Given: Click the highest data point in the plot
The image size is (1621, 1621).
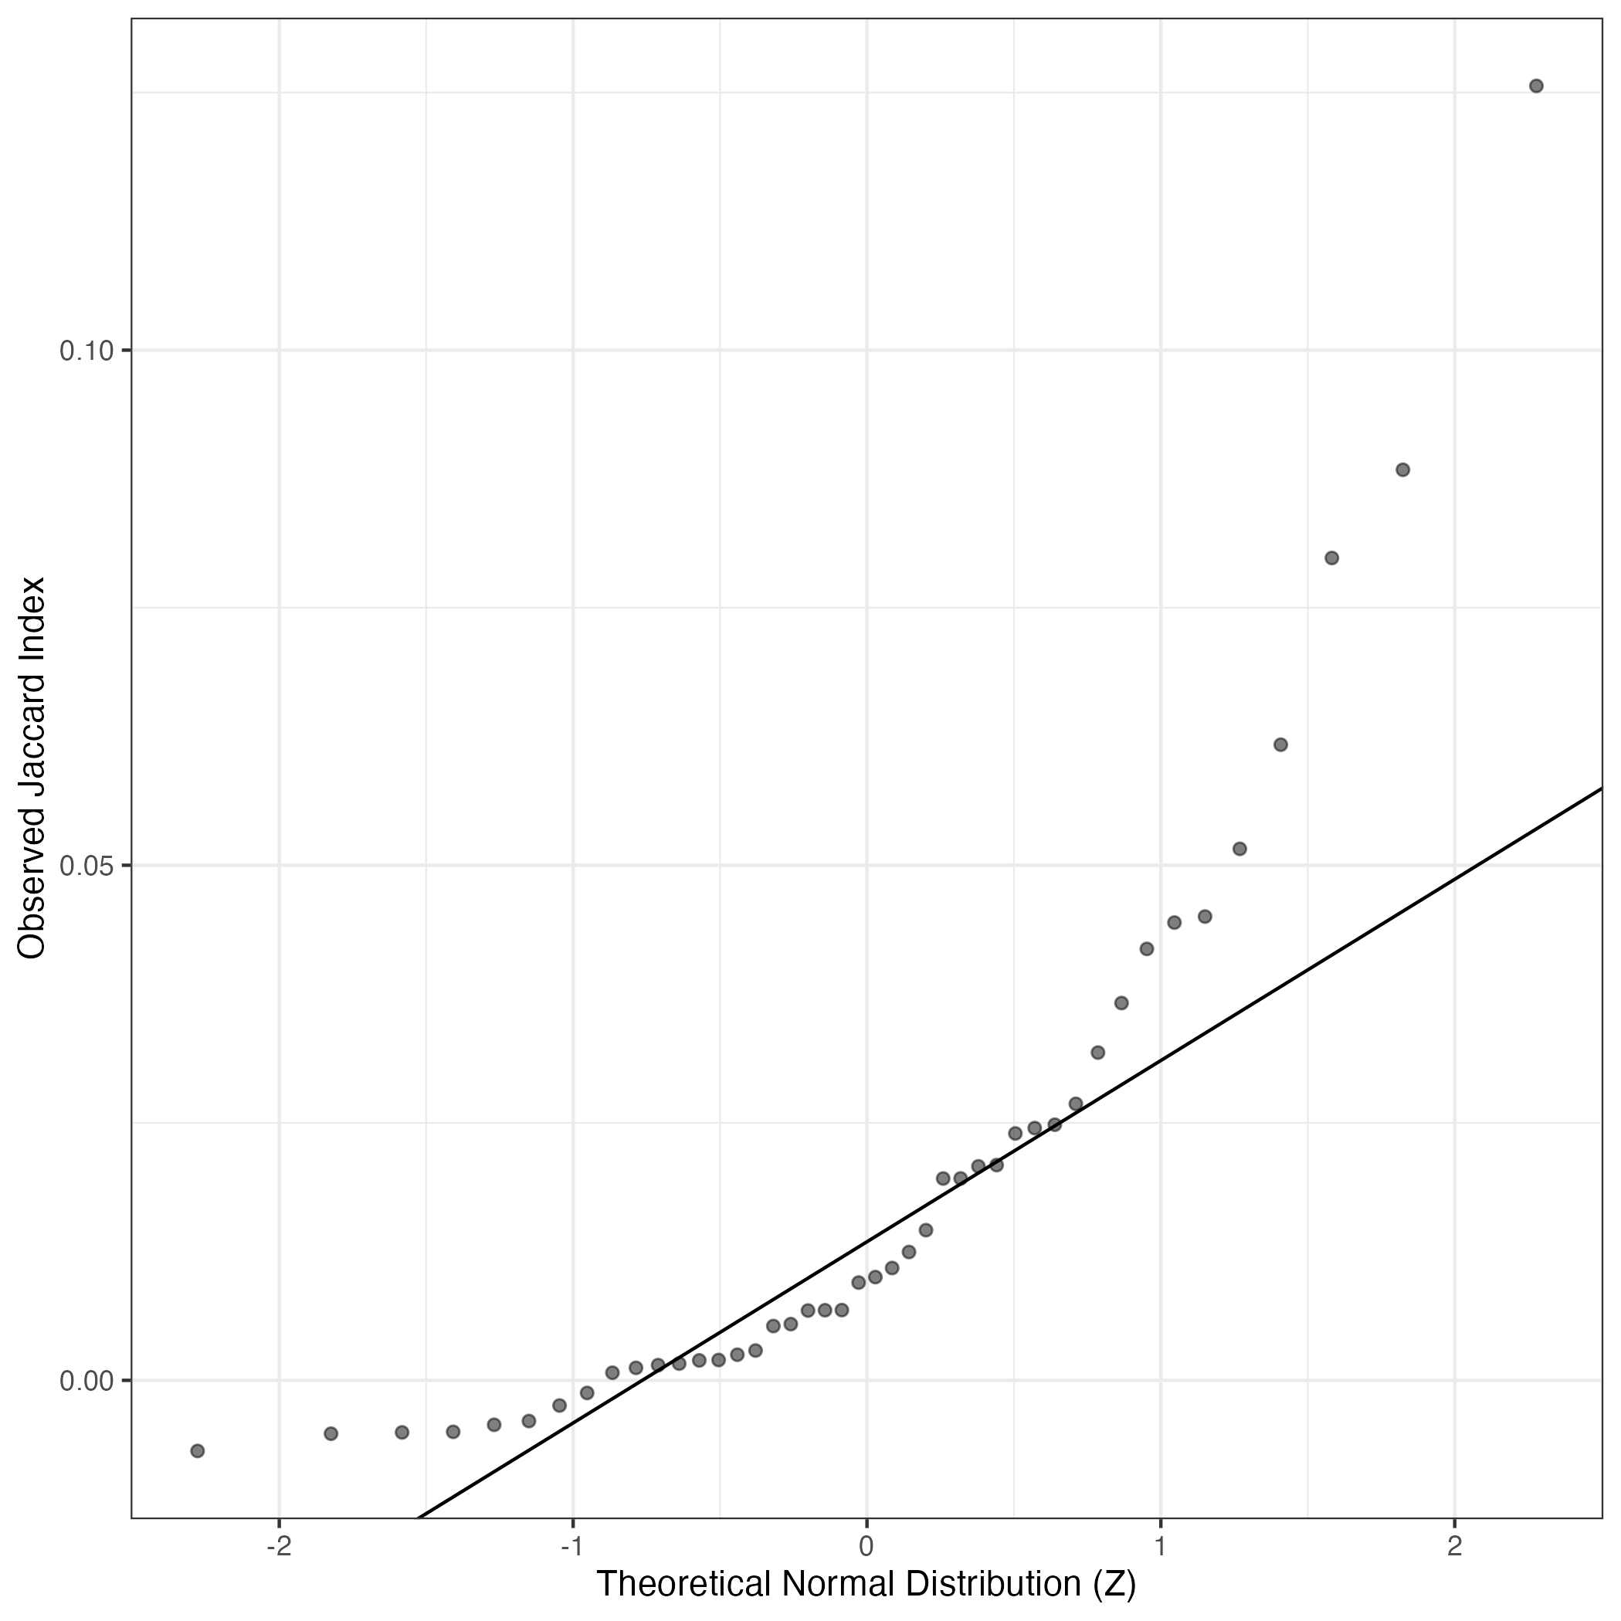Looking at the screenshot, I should click(1536, 86).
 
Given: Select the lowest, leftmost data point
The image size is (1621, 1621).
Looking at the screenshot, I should click(197, 1450).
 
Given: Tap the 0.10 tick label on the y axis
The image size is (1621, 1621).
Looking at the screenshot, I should click(86, 351).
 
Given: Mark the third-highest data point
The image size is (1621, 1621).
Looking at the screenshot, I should click(1331, 558).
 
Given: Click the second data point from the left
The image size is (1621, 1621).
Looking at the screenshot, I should click(331, 1433).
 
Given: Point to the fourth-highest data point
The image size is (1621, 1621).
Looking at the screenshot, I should click(1280, 744).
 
